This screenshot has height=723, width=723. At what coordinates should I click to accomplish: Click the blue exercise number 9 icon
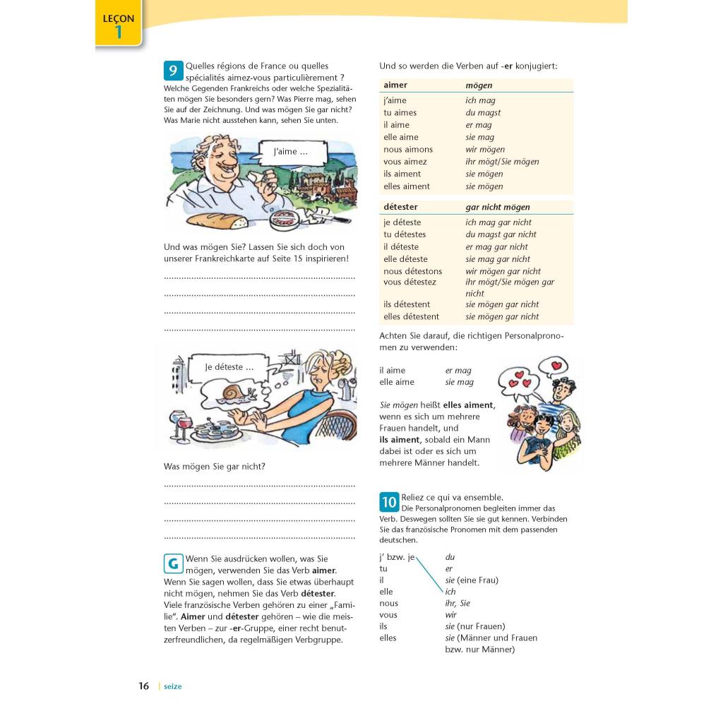point(172,71)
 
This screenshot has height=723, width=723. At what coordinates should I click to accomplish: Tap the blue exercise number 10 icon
point(389,502)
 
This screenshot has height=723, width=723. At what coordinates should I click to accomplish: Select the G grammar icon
point(172,563)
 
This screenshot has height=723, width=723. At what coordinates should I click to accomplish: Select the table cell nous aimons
point(408,150)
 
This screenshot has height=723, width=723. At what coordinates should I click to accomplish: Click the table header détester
point(400,207)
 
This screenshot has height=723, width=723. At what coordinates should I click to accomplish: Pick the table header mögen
point(479,85)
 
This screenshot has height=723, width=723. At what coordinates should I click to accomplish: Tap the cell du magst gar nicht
point(501,234)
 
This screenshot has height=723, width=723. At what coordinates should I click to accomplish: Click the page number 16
point(144,686)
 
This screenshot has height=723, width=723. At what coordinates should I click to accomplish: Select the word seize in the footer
point(172,686)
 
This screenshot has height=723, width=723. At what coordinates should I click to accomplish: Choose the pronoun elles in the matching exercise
point(388,638)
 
